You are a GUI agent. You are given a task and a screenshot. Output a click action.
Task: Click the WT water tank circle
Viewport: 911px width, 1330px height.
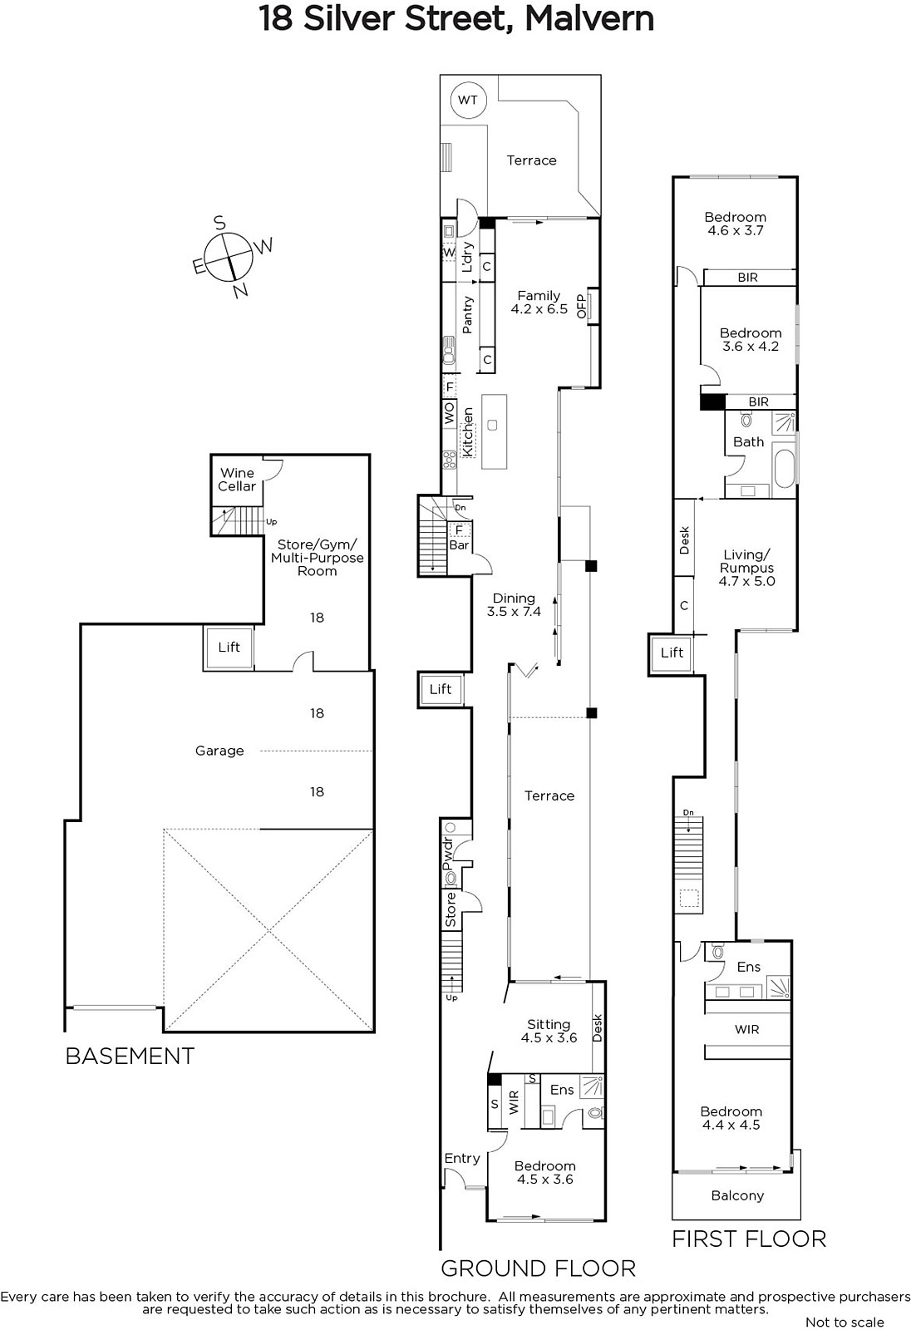pyautogui.click(x=468, y=101)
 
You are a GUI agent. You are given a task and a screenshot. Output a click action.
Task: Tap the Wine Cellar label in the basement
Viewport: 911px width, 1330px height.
pyautogui.click(x=237, y=480)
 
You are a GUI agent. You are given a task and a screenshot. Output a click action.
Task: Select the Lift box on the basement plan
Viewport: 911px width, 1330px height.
pyautogui.click(x=229, y=648)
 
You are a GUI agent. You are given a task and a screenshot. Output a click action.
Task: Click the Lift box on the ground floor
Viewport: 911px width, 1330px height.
pyautogui.click(x=441, y=689)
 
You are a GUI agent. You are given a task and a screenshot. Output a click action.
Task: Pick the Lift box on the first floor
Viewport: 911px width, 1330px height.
pyautogui.click(x=672, y=653)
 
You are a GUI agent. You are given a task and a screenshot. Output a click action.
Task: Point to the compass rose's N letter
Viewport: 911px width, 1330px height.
pyautogui.click(x=240, y=290)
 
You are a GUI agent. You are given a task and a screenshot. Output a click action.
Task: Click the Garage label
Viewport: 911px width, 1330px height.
pyautogui.click(x=219, y=751)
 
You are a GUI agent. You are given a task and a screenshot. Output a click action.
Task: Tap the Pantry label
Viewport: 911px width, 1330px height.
pyautogui.click(x=467, y=314)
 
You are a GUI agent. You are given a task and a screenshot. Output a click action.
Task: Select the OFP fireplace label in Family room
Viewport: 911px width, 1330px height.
pyautogui.click(x=581, y=306)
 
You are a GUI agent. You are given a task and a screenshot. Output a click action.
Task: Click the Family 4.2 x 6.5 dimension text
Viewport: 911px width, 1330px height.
pyautogui.click(x=539, y=303)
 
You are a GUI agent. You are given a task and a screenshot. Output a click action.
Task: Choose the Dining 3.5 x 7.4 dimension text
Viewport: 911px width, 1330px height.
pyautogui.click(x=514, y=604)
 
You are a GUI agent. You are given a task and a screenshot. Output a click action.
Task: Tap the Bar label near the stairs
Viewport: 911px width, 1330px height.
pyautogui.click(x=459, y=545)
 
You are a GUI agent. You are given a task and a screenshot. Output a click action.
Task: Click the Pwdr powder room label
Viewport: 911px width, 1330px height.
pyautogui.click(x=448, y=854)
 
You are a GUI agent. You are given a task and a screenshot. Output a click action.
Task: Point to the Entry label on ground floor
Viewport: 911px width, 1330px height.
pyautogui.click(x=462, y=1159)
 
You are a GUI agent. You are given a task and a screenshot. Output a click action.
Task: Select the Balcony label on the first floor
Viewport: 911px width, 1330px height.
pyautogui.click(x=737, y=1196)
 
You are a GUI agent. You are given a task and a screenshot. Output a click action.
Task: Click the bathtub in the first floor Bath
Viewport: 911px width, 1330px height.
pyautogui.click(x=785, y=469)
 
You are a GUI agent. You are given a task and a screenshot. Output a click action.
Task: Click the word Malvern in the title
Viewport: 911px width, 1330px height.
pyautogui.click(x=589, y=19)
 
